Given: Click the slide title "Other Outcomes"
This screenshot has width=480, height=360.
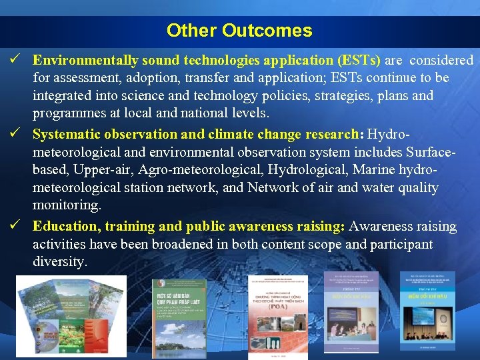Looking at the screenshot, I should pos(239,31).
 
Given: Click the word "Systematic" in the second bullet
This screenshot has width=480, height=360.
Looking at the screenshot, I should pos(65,134).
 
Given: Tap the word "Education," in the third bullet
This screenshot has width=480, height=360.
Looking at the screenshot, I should pos(64,227).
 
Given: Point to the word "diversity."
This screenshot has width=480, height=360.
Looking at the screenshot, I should pos(60,262).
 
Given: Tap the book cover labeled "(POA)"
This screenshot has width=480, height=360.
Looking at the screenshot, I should pos(277,316).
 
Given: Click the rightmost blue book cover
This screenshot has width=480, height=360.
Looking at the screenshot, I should pos(427,310).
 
